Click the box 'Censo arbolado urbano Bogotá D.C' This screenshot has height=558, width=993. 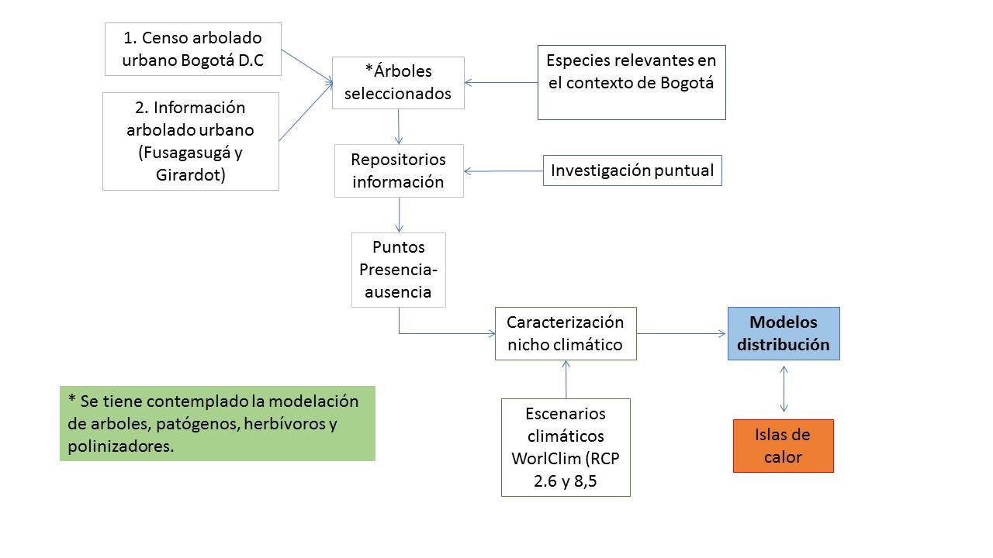193,49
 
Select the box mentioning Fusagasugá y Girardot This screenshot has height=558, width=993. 191,141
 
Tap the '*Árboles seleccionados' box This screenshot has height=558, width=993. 398,82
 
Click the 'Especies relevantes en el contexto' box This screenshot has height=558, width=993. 631,82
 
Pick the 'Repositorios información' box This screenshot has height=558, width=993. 399,170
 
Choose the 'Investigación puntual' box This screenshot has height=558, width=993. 632,170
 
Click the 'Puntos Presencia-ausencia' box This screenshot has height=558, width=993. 399,270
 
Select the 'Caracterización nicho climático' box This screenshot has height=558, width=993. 566,333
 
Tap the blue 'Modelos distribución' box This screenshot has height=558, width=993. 784,333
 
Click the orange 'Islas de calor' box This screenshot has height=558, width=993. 783,446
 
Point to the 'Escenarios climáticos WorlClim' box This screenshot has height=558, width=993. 566,447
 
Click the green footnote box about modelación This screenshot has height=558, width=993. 217,423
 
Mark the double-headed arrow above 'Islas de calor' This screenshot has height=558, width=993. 784,389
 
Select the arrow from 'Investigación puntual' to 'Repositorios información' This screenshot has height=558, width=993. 503,171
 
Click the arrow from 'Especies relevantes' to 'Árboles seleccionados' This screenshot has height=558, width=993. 501,82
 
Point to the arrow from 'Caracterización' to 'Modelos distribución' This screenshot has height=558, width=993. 682,334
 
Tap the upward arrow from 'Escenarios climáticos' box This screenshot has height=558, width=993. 566,379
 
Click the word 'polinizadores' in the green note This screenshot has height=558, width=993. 116,446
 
